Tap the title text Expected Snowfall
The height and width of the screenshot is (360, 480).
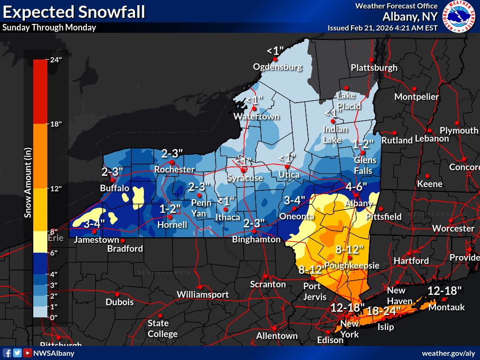[x=74, y=11]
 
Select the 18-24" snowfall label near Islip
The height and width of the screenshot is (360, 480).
[x=383, y=310]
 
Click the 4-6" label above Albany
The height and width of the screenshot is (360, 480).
[x=356, y=187]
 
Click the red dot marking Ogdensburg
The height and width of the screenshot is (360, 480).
[x=276, y=60]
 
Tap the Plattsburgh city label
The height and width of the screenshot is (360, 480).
[x=374, y=67]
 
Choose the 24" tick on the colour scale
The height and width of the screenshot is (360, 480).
[x=56, y=60]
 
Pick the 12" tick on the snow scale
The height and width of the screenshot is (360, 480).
[x=56, y=188]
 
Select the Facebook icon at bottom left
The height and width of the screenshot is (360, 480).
[x=7, y=353]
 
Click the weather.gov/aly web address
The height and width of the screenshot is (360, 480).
[x=448, y=353]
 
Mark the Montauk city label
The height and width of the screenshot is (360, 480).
[x=447, y=307]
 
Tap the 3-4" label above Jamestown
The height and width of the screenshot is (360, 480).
[x=94, y=224]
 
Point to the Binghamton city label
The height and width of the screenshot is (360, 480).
[x=256, y=239]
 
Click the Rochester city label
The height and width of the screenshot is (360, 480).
[x=174, y=169]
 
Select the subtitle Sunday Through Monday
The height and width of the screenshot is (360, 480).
[x=49, y=27]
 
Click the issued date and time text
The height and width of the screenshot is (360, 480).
[x=382, y=28]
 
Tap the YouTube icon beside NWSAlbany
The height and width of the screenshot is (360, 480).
[x=28, y=353]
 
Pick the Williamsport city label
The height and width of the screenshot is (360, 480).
[x=202, y=294]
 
